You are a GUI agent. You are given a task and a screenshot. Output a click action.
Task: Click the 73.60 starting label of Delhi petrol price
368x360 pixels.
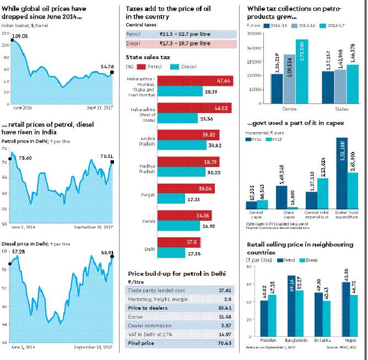click(x=25, y=157)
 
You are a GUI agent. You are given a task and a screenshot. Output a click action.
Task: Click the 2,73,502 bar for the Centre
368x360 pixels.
click(x=301, y=71)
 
